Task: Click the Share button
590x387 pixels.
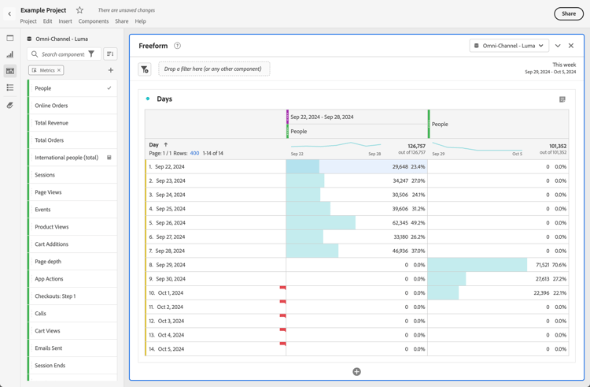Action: coord(569,13)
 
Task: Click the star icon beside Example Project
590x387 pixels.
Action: coord(79,10)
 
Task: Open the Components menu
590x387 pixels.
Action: coord(94,21)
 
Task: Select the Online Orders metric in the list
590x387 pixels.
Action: coord(51,106)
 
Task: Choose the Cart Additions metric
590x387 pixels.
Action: coord(51,244)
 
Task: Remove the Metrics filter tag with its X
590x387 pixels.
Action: coord(59,70)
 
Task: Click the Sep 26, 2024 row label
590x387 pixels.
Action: coord(171,223)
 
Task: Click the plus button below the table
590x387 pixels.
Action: coord(356,371)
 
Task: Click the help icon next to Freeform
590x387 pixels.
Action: coord(178,46)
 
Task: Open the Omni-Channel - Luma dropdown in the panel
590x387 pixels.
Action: coord(509,46)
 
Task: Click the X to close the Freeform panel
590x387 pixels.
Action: coord(571,46)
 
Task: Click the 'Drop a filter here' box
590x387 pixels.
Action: coord(214,69)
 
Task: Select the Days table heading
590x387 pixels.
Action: coord(164,99)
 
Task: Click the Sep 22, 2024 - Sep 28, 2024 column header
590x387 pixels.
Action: coord(322,117)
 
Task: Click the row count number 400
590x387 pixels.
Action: coord(194,153)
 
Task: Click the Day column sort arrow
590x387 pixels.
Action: coord(166,145)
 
